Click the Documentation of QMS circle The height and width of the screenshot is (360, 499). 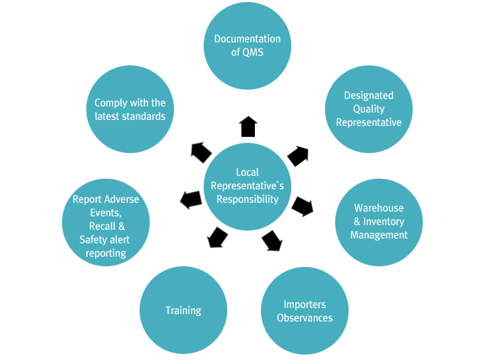point(247,46)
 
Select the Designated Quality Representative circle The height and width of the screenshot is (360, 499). point(369,109)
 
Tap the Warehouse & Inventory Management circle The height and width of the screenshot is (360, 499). point(379,222)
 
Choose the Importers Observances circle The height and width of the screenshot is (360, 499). point(305,311)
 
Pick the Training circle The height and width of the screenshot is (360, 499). point(183,311)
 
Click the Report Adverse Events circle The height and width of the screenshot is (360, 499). point(106,222)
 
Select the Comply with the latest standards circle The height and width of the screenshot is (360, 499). point(130,109)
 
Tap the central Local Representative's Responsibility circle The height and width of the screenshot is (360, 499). point(247,186)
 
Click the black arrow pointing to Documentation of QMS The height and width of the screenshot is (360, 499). point(248,126)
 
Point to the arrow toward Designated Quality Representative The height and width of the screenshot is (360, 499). point(299,156)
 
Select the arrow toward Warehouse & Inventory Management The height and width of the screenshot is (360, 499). point(302,206)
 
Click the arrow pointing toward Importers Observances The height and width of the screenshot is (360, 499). point(272,241)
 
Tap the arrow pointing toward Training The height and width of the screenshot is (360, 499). point(217,238)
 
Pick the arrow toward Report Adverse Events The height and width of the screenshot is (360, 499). point(191,200)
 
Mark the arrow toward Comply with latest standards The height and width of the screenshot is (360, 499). point(201,152)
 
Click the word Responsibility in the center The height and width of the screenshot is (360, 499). point(247,200)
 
